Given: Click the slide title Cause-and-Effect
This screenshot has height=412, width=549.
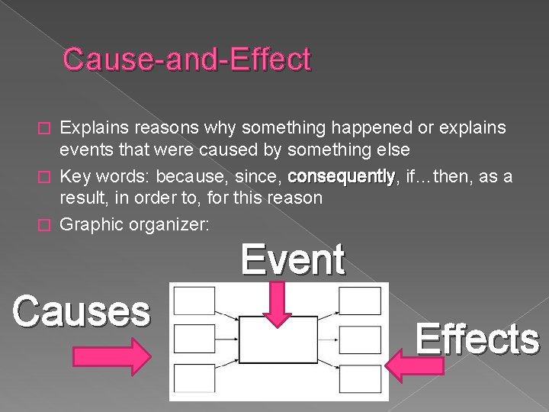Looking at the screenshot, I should [x=187, y=60].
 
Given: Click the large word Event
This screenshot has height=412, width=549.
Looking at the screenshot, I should [x=293, y=260].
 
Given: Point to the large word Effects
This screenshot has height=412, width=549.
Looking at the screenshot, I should [x=477, y=338].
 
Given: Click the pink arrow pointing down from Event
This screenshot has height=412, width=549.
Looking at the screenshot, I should [x=278, y=304].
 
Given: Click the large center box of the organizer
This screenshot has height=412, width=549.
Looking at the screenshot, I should [x=278, y=340].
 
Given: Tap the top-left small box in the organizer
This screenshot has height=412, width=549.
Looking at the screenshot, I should [x=194, y=301].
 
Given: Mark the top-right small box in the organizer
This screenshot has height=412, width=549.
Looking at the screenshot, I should [x=360, y=301].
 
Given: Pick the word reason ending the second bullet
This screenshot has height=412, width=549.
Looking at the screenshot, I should [x=297, y=198].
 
